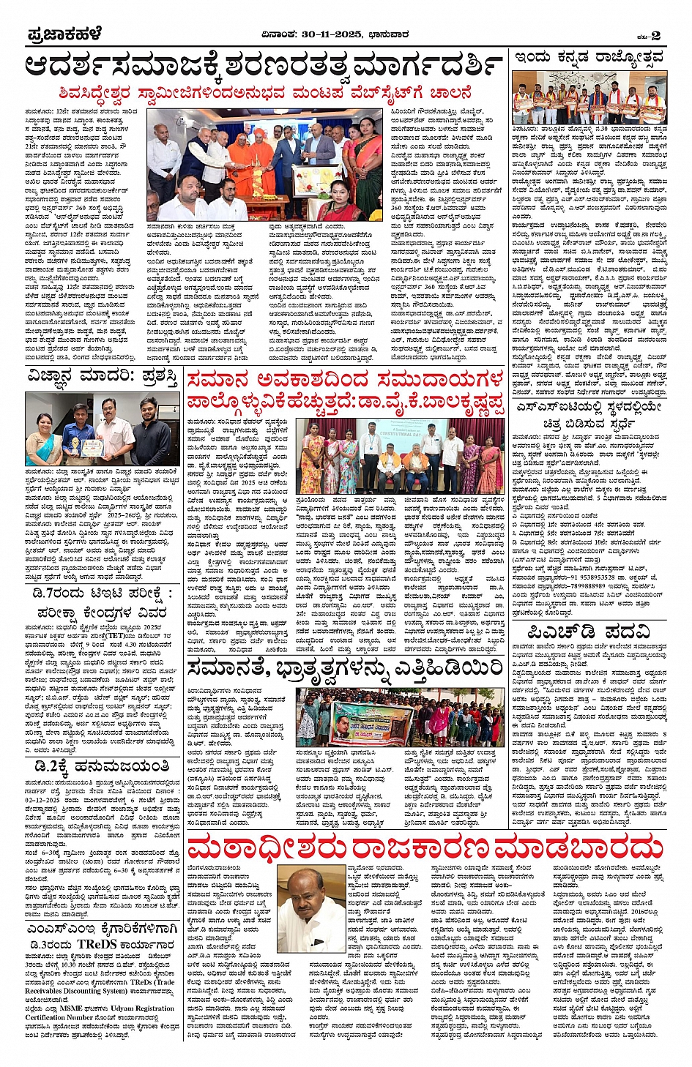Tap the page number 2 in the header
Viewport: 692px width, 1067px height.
tap(655, 35)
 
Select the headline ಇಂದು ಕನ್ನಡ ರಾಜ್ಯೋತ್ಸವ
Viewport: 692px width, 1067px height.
tap(589, 58)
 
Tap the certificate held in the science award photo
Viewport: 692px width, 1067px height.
tap(93, 446)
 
